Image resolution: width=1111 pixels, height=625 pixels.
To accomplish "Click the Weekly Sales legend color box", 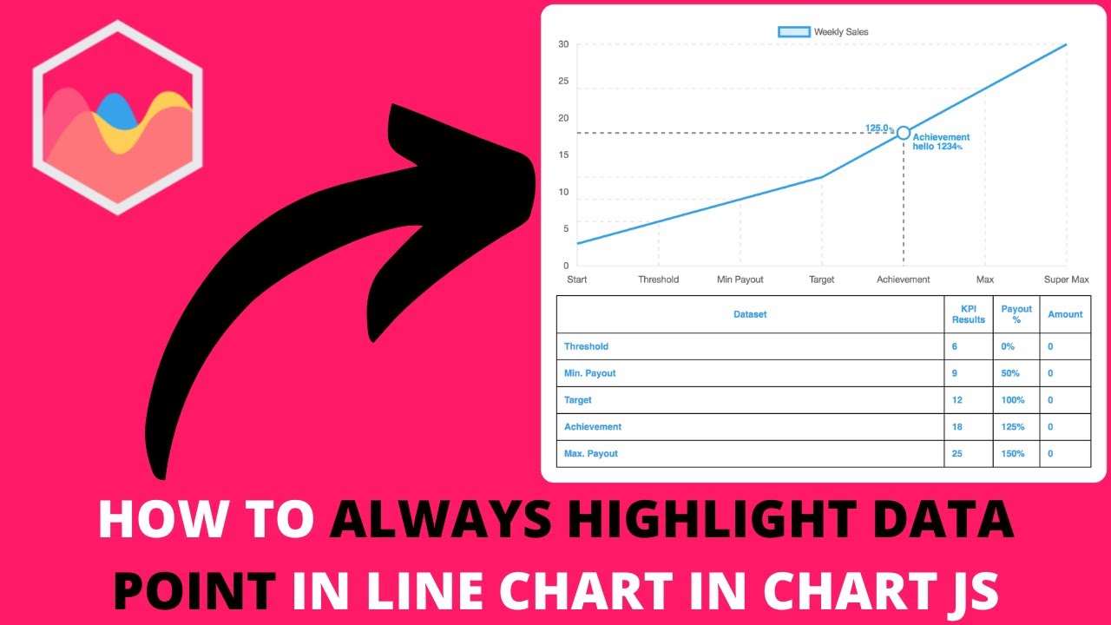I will tap(794, 32).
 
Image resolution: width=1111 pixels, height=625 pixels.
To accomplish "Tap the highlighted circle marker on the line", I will tap(904, 133).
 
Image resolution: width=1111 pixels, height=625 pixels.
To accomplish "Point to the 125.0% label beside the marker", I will tap(879, 129).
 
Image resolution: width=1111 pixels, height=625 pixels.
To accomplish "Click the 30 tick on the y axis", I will tap(563, 44).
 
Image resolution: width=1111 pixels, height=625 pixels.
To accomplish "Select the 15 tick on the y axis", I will tap(563, 155).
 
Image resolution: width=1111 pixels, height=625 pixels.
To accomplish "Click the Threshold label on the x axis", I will tap(658, 280).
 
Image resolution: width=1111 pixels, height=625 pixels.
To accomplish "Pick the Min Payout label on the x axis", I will tap(740, 280).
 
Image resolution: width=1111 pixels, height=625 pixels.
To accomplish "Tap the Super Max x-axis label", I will tap(1066, 280).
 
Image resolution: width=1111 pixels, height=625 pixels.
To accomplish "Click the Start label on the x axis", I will tap(576, 280).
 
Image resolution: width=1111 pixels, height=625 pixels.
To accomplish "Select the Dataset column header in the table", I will tap(750, 314).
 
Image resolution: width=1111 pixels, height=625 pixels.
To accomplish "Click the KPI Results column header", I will tap(969, 314).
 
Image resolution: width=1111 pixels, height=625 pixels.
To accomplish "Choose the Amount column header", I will tap(1065, 314).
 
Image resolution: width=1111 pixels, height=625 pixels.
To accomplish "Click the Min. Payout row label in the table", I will tap(590, 373).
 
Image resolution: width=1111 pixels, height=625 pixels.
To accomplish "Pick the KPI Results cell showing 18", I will tap(957, 427).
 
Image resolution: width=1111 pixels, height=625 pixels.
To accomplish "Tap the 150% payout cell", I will tap(1013, 454).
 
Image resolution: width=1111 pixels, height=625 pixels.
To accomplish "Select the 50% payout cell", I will tap(1010, 373).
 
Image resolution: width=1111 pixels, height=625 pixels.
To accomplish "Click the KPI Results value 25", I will tap(957, 454).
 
